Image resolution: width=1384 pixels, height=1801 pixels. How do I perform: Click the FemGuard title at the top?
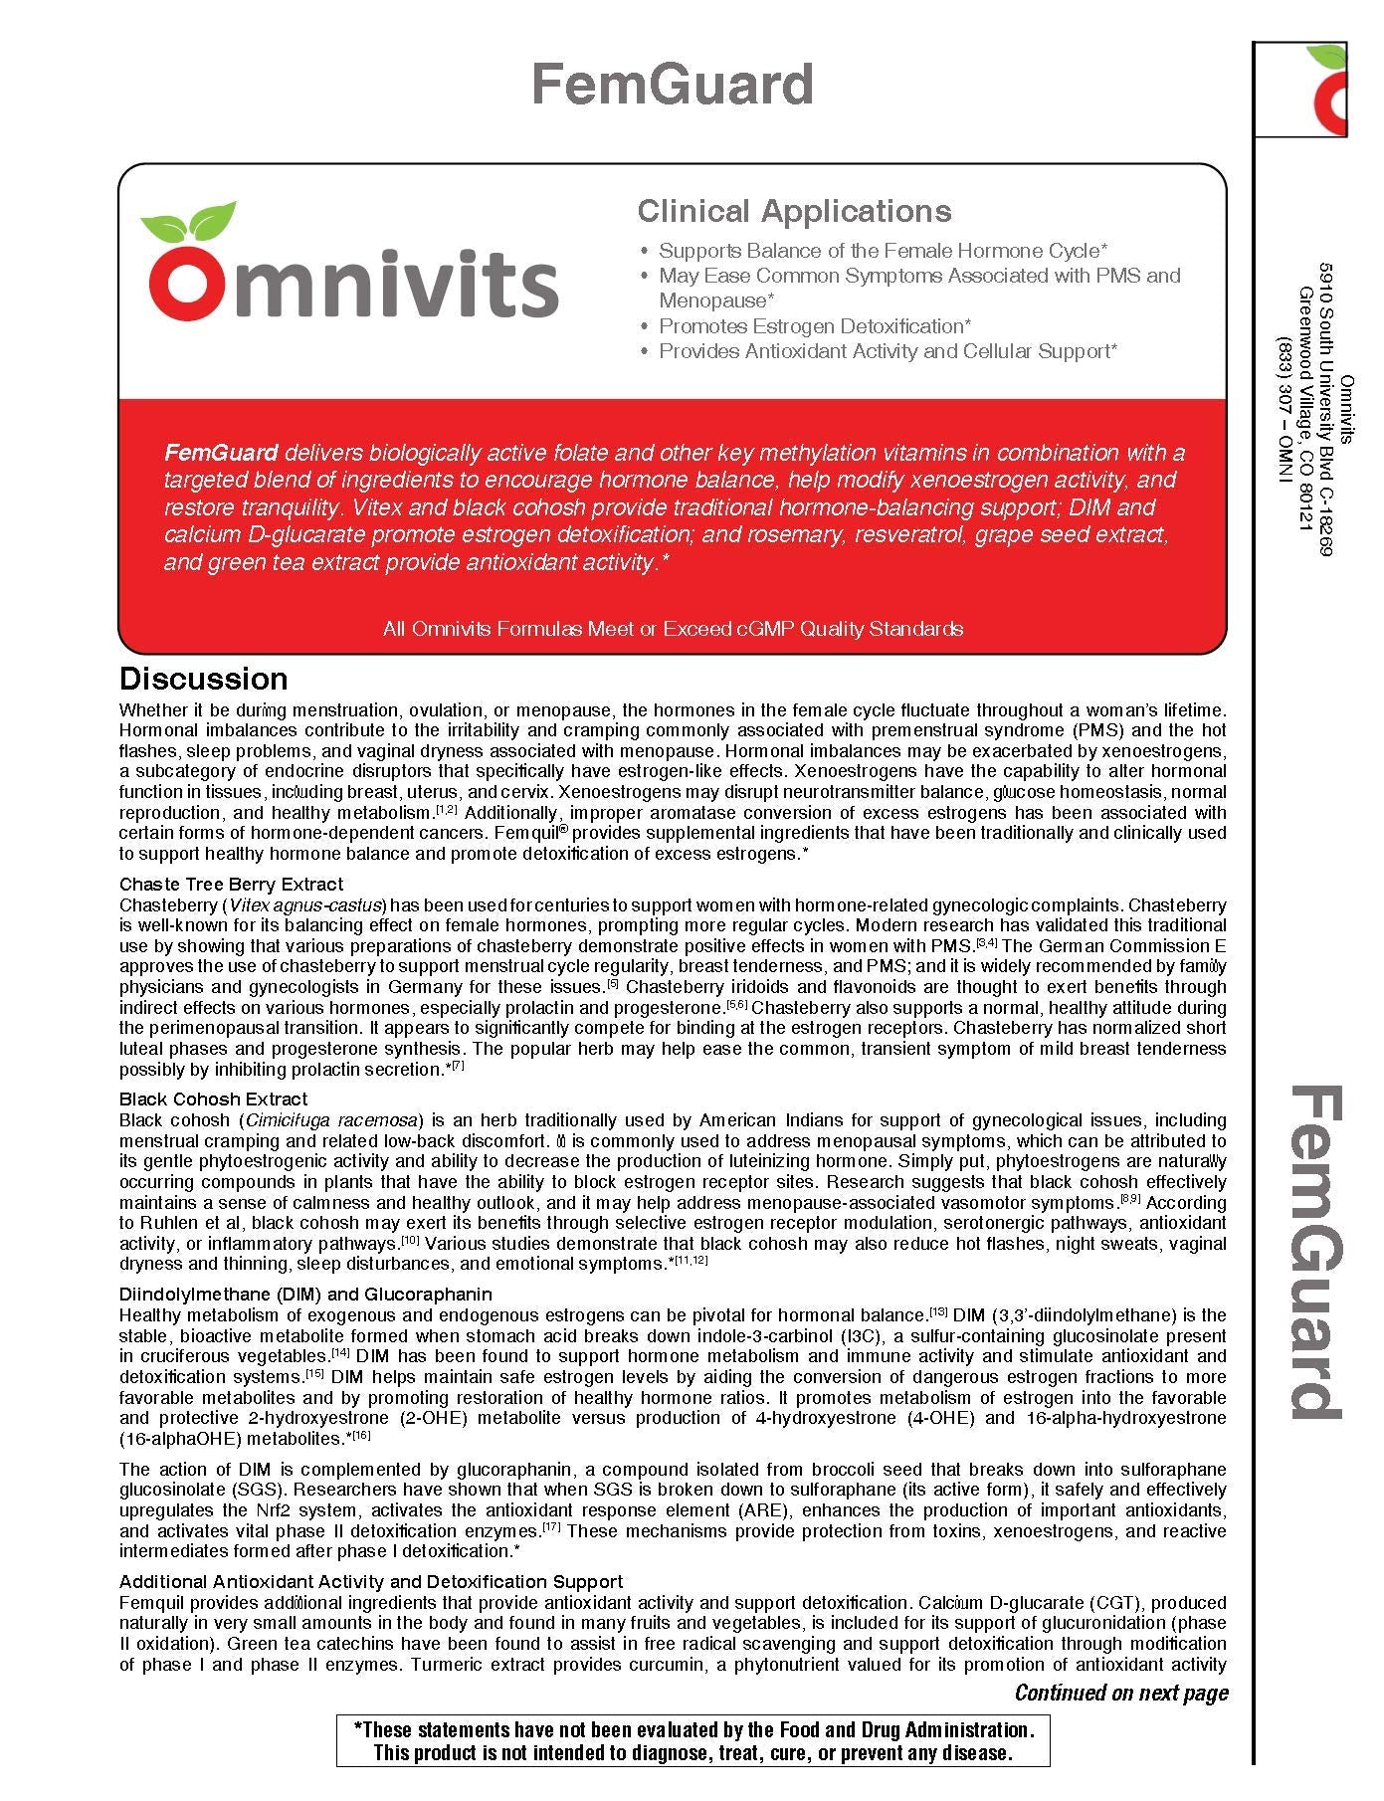click(673, 84)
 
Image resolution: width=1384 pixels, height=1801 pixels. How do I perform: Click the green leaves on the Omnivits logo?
click(189, 221)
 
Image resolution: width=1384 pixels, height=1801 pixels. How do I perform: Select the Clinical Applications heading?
click(794, 211)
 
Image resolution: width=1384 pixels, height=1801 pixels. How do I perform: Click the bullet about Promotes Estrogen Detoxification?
click(814, 326)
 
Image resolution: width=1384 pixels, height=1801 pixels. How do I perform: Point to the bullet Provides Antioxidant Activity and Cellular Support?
click(888, 351)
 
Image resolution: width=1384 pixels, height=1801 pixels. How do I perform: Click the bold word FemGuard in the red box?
click(221, 453)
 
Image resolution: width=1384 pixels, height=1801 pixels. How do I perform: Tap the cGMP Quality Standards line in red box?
click(673, 629)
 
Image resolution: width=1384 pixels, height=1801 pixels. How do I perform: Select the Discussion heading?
click(203, 679)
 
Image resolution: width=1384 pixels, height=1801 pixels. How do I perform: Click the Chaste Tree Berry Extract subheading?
click(231, 884)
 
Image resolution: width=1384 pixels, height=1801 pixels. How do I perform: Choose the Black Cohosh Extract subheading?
click(213, 1099)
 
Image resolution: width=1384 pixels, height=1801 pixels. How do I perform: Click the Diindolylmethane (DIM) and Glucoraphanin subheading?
click(305, 1294)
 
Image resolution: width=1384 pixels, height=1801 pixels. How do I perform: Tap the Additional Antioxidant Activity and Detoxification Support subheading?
click(371, 1581)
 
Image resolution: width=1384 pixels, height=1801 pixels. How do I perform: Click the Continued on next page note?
click(1121, 1693)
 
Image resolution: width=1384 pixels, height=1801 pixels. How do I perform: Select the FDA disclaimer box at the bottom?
click(692, 1740)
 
